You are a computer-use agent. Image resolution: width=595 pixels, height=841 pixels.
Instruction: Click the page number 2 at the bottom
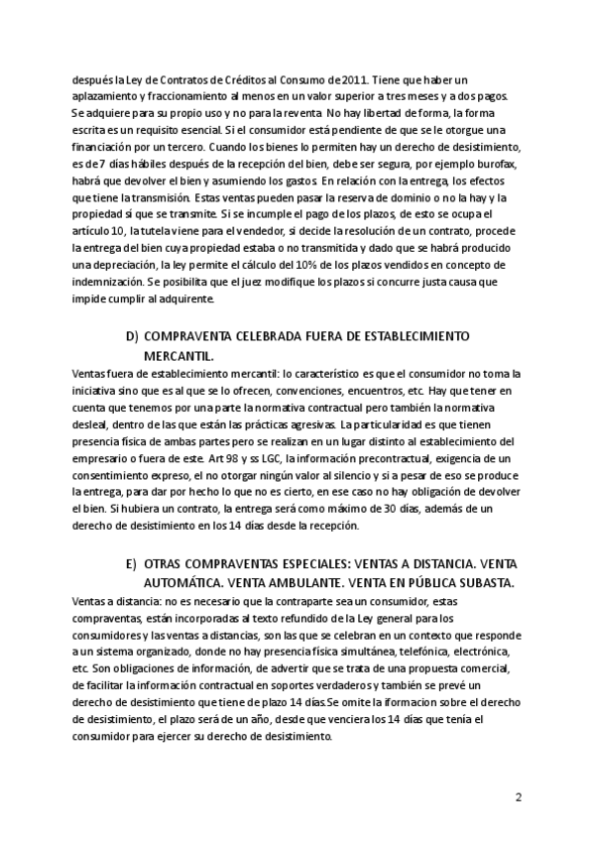point(518,796)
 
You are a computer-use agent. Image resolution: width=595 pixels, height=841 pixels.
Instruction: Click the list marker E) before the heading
point(132,563)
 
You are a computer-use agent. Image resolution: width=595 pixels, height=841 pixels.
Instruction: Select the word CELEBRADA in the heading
point(267,337)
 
